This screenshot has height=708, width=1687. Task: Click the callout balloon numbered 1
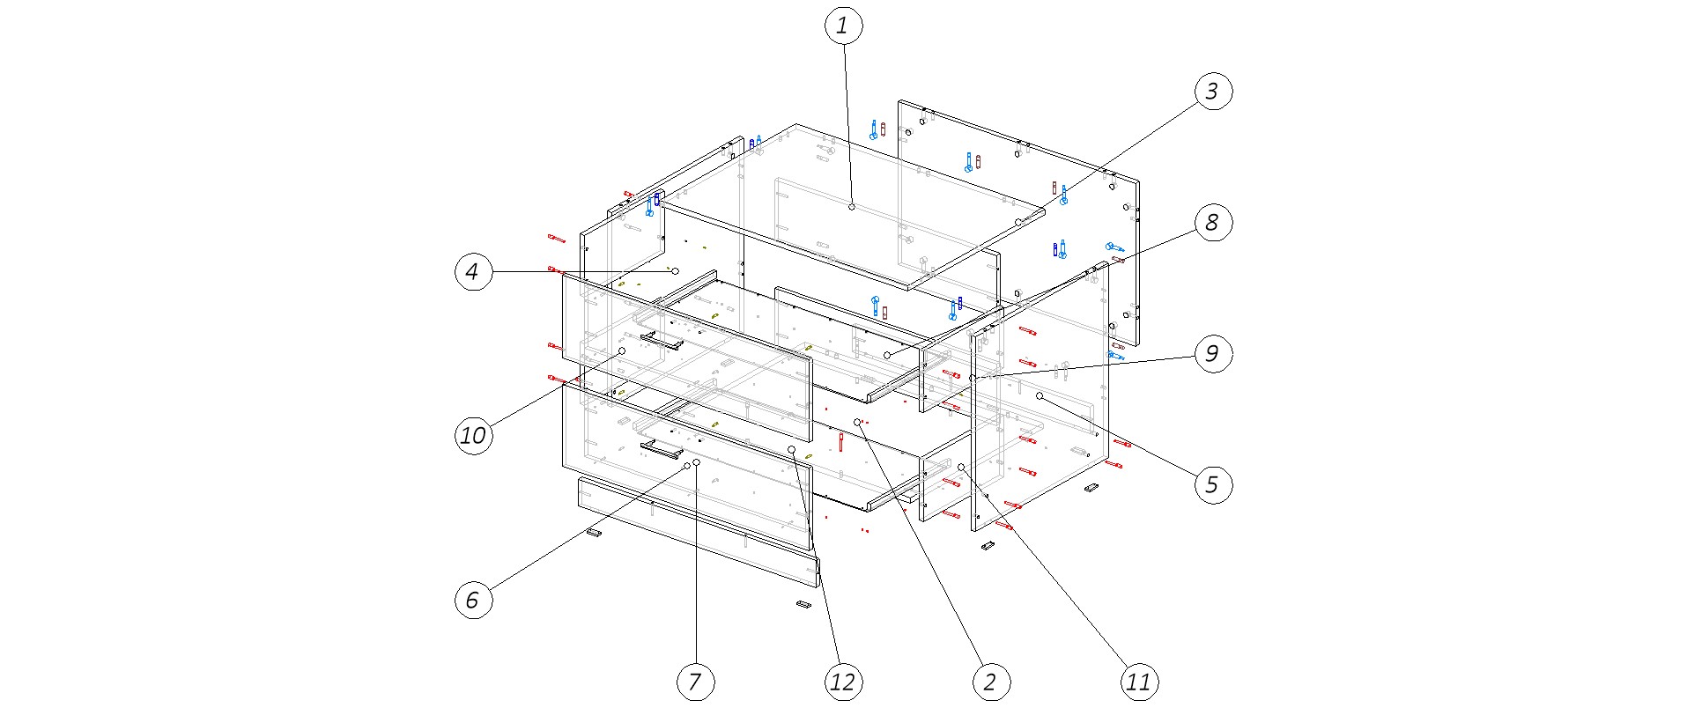pos(843,26)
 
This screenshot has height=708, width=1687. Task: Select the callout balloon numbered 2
pos(990,681)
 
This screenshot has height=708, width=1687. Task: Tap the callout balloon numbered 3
pos(1212,91)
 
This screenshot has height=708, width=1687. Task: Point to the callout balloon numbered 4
pos(473,272)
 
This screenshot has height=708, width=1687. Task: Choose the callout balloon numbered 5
pos(1212,483)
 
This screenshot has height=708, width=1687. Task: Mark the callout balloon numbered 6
pos(473,601)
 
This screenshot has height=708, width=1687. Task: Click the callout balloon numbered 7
pos(695,681)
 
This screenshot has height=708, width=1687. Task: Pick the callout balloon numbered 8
pos(1212,223)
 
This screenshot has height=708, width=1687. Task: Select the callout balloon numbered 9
pos(1212,354)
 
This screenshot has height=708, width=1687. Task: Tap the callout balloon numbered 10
pos(473,435)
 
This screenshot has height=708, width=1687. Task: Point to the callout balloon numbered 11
pos(1138,681)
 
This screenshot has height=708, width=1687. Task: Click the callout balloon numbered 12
pos(843,681)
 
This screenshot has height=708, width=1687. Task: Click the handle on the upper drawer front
pos(662,340)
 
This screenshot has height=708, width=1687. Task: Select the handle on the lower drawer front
pos(662,450)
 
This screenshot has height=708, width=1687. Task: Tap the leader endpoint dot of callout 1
pos(852,206)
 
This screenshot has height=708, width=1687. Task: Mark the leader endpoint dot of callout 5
pos(1040,396)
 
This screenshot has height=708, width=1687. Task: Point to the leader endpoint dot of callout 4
pos(676,272)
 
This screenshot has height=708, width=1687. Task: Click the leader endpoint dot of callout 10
pos(622,350)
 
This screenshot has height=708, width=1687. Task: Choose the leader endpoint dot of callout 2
pos(857,423)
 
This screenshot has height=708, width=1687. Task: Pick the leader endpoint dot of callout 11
pos(961,467)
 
